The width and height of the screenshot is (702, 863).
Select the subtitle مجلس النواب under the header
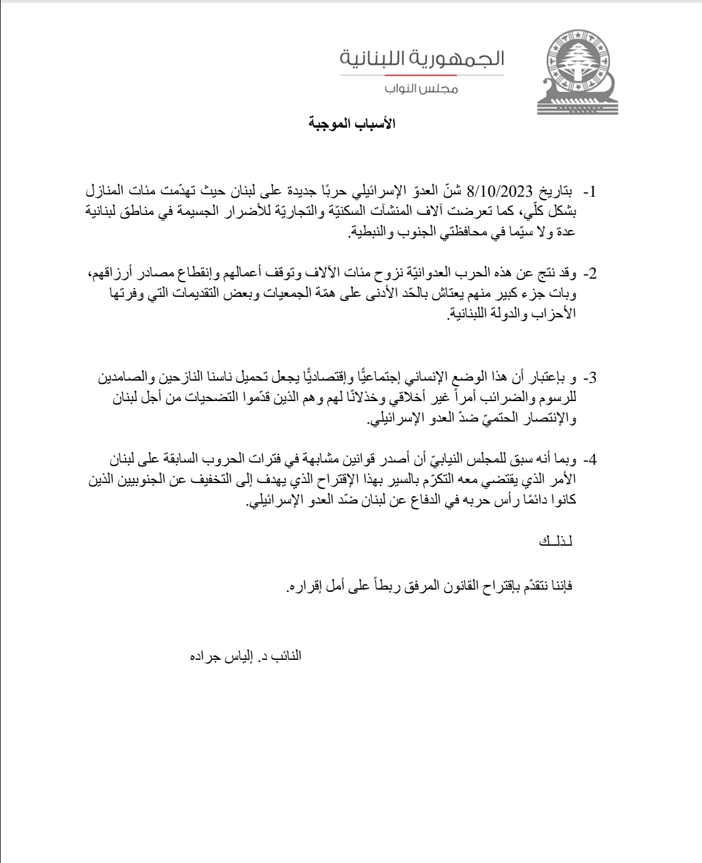[x=422, y=89]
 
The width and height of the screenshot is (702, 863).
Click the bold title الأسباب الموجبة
[x=352, y=124]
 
